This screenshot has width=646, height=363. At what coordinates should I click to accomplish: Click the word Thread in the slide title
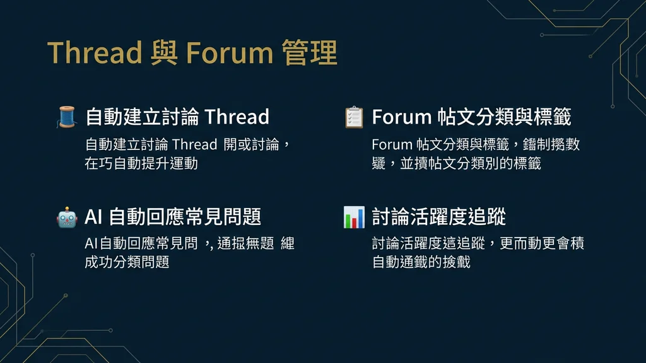coord(95,53)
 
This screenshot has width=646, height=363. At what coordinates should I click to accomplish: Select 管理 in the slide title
coord(310,53)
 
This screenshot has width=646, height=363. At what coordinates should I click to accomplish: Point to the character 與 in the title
coord(164,53)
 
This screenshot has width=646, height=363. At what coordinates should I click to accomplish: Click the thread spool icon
coord(66,117)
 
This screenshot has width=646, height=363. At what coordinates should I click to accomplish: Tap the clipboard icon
coord(354,117)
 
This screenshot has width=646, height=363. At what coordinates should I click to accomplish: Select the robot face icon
coord(66,217)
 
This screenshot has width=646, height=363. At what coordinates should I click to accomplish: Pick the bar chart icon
coord(354,217)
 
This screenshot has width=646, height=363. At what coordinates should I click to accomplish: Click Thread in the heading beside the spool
coord(237,117)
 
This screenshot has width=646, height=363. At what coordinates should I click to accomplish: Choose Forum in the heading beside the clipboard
coord(401,117)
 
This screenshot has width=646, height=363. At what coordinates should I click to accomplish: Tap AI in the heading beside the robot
coord(93,217)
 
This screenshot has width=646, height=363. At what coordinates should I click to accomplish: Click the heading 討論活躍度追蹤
coord(439,217)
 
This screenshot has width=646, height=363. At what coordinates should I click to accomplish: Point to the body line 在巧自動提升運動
coord(141,163)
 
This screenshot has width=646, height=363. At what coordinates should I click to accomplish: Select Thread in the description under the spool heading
coord(194,144)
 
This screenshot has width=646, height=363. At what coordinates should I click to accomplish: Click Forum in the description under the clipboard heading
coord(391,144)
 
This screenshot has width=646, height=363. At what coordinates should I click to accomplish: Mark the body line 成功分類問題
coord(127,262)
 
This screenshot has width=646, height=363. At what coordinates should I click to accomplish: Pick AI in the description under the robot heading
coord(91,244)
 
